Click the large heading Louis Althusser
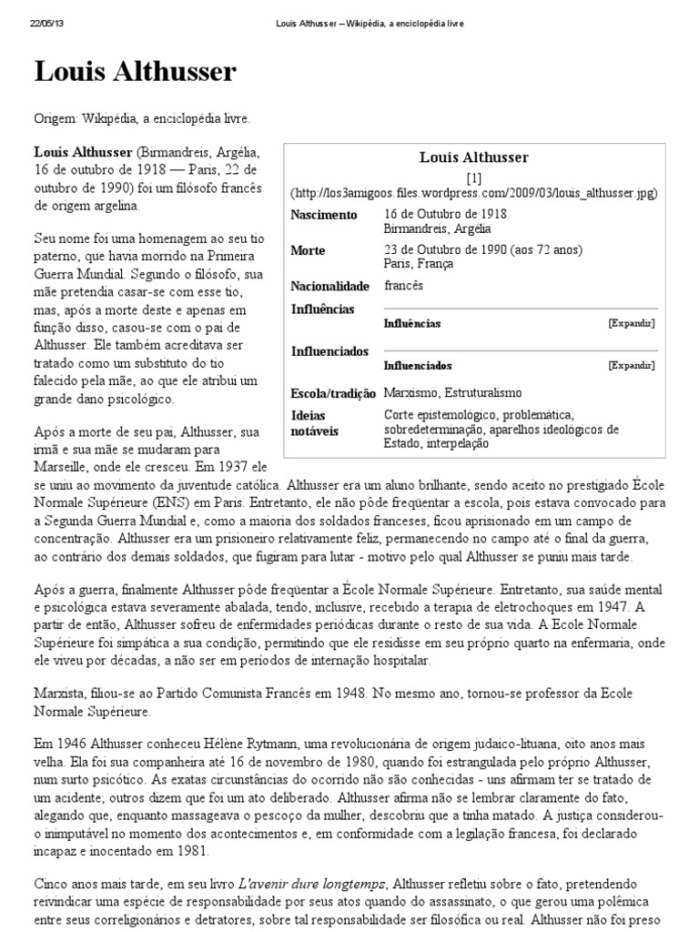pyautogui.click(x=135, y=74)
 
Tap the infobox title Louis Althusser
pyautogui.click(x=473, y=157)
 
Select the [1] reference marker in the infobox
pyautogui.click(x=473, y=178)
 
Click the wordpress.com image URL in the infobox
pyautogui.click(x=473, y=193)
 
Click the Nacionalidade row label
pyautogui.click(x=329, y=286)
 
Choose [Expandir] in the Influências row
pyautogui.click(x=631, y=323)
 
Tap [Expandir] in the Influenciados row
pyautogui.click(x=631, y=365)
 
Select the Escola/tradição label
pyautogui.click(x=333, y=393)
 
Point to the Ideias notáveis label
pyautogui.click(x=314, y=422)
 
